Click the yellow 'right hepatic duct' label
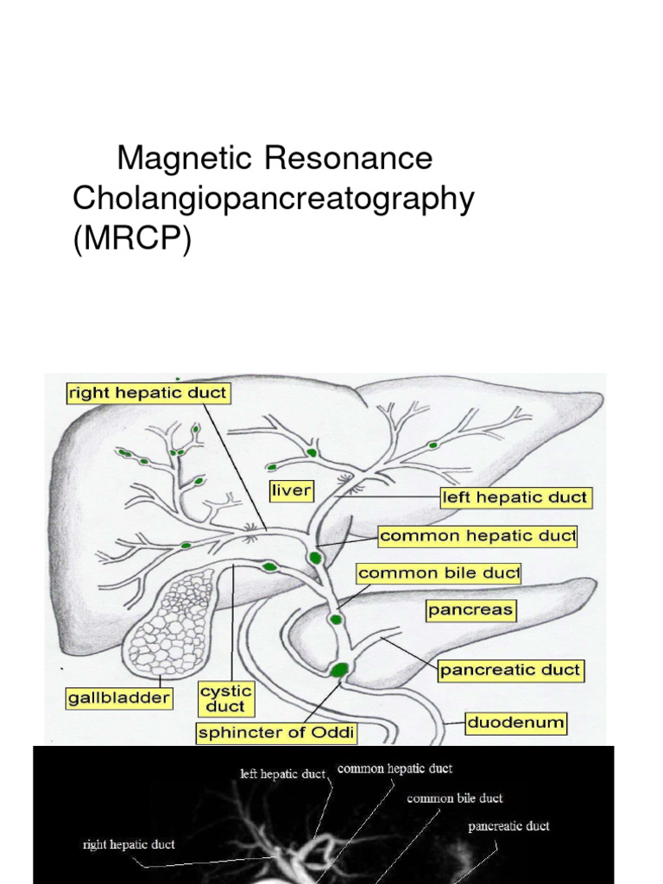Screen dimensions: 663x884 tap(148, 393)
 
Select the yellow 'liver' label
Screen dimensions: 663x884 tap(291, 490)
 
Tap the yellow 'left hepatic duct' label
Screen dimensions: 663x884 tap(516, 498)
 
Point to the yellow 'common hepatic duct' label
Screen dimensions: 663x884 tap(477, 535)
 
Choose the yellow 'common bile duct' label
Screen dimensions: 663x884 tap(439, 573)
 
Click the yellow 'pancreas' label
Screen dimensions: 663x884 tap(470, 610)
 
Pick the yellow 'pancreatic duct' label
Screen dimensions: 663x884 tap(511, 670)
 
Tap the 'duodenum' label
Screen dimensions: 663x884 tap(516, 723)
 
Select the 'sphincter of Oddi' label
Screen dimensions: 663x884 tap(276, 733)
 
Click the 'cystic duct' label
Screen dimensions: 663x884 tap(226, 699)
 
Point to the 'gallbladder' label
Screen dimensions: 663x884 tap(119, 698)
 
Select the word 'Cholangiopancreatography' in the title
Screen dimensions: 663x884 tap(274, 199)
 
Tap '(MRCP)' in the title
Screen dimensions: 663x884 tap(132, 239)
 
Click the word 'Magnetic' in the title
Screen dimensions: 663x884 tap(185, 158)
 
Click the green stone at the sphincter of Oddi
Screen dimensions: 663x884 tap(339, 670)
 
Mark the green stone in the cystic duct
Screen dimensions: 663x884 tap(270, 566)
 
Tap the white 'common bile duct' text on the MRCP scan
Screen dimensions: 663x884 tap(454, 799)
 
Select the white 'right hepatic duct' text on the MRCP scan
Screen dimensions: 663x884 tap(129, 844)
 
